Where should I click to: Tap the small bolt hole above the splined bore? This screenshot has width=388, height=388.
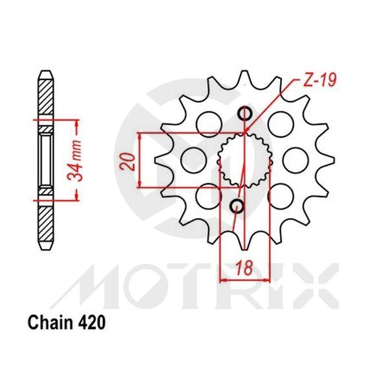(244, 114)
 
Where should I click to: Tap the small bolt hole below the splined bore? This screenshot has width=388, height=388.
(237, 206)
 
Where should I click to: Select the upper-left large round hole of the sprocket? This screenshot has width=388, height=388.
(208, 122)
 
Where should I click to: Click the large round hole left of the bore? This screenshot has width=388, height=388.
(192, 159)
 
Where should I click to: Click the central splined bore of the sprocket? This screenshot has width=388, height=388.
(242, 160)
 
